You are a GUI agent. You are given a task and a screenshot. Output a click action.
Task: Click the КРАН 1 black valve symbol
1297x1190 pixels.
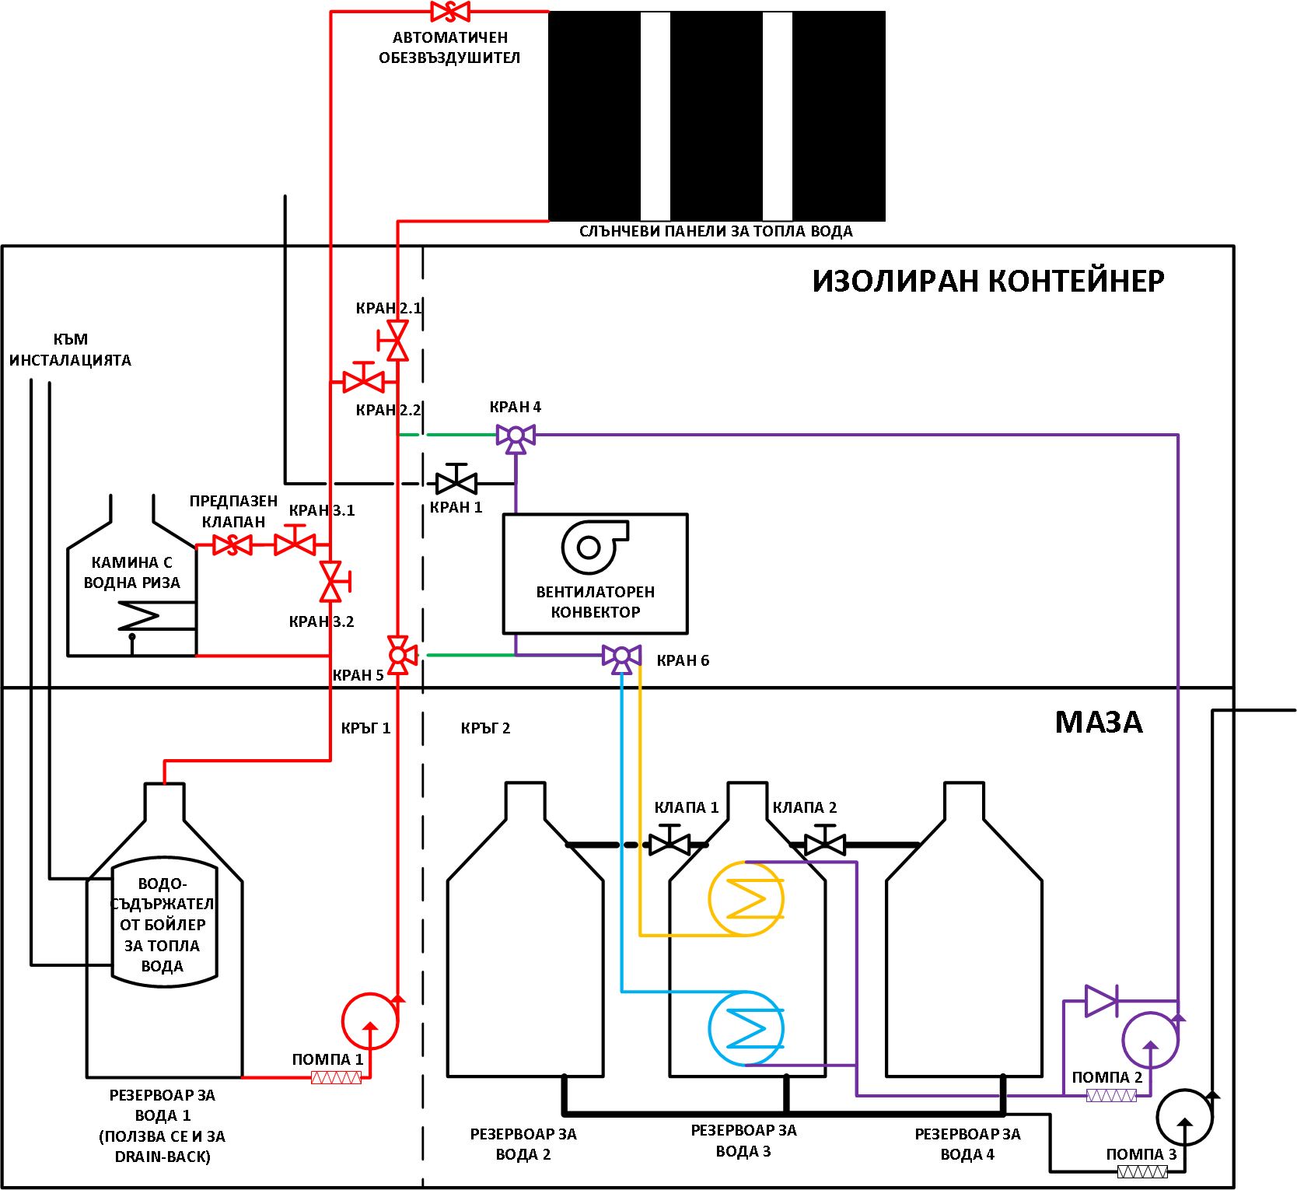[456, 479]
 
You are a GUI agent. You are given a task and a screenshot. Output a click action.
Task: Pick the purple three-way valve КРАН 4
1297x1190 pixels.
[516, 438]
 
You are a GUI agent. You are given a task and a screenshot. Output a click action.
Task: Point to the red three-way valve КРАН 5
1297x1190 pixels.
[398, 655]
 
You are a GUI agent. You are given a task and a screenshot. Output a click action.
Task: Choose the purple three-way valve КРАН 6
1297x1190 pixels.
[621, 658]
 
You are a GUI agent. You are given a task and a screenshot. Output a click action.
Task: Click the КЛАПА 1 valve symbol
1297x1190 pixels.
[669, 840]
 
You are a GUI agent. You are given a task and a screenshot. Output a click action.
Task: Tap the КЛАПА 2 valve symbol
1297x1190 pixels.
[825, 840]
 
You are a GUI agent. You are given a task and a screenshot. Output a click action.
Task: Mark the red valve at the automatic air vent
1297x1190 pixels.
[450, 12]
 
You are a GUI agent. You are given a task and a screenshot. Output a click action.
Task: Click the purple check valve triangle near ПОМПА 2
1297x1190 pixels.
[1101, 1000]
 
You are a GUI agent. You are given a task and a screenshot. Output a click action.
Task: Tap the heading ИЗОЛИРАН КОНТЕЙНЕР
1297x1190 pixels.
[988, 281]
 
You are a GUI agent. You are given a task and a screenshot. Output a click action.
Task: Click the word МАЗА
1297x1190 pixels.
[1099, 723]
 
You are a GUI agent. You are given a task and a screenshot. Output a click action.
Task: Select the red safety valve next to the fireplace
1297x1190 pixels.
[232, 544]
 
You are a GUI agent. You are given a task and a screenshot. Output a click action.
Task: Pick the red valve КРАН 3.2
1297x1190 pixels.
[333, 581]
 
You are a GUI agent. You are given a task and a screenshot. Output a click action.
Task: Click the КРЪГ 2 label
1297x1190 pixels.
[485, 728]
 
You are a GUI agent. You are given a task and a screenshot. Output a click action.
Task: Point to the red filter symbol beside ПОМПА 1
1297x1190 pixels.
[336, 1077]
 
